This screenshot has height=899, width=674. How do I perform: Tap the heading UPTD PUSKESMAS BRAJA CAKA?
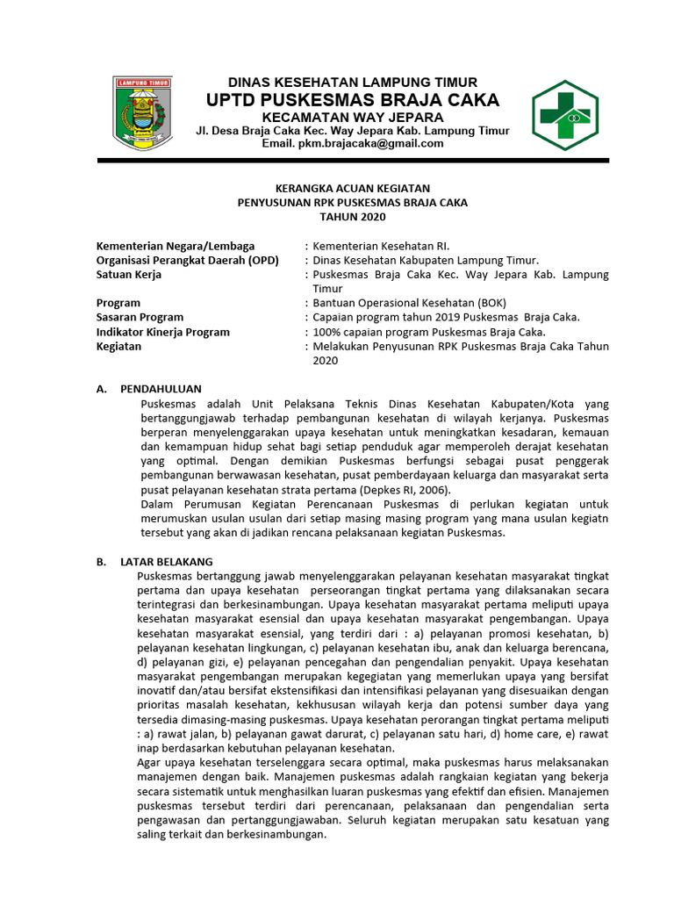(x=352, y=99)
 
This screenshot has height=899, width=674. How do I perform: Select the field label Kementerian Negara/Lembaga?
(x=176, y=247)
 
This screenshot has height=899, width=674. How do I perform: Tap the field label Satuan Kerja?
(x=129, y=275)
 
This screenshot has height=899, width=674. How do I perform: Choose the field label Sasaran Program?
(x=140, y=317)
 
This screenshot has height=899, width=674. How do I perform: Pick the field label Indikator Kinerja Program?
(x=163, y=332)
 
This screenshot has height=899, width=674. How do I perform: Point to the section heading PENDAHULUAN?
(x=161, y=388)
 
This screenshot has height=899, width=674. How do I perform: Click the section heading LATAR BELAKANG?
(x=166, y=562)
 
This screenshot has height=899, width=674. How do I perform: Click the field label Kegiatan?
(x=118, y=346)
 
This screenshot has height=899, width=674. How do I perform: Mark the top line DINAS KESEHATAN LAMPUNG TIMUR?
(x=352, y=82)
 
